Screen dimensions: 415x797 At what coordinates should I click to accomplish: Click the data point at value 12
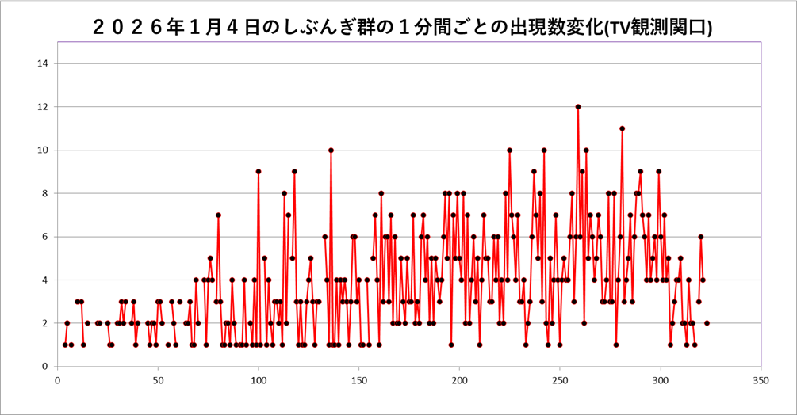(x=578, y=107)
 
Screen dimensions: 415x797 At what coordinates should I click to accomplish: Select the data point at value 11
(x=623, y=128)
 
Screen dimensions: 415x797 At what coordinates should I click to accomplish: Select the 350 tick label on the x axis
(x=761, y=379)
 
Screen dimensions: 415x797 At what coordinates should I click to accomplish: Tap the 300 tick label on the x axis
(x=661, y=379)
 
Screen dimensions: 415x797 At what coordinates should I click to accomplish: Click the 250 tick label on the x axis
(x=560, y=379)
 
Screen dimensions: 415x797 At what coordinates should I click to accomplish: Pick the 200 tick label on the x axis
(x=459, y=379)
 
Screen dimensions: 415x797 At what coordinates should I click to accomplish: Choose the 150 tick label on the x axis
(x=358, y=379)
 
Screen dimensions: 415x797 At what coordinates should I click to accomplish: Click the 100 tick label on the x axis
(x=258, y=379)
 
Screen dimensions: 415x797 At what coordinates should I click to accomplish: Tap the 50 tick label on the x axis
(x=157, y=379)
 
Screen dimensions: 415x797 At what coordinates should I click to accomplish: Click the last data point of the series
(x=707, y=323)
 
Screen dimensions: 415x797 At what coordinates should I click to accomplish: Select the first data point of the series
(x=65, y=345)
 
